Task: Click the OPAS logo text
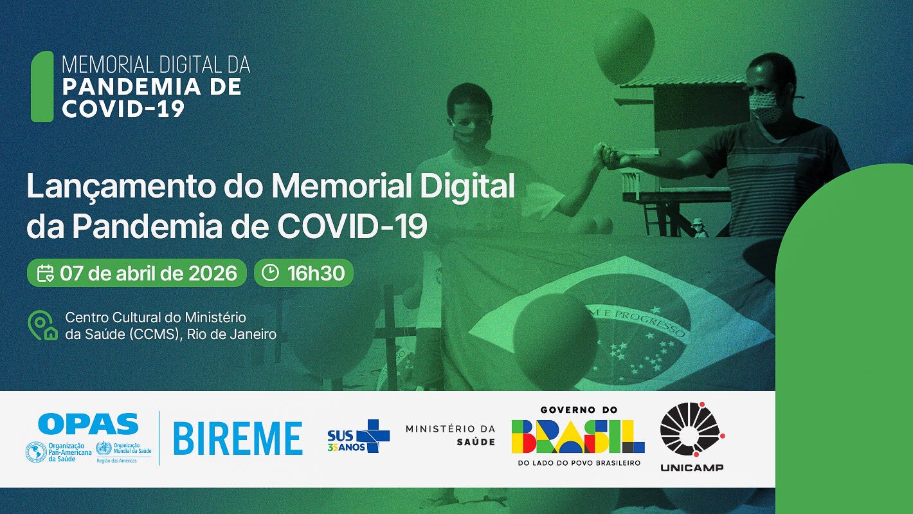[88, 424]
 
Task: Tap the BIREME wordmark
[238, 439]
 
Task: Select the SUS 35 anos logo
[358, 436]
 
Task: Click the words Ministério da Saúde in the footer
[450, 436]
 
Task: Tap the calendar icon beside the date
[45, 273]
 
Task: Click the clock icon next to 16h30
[271, 273]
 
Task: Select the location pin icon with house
[42, 326]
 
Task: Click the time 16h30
[316, 273]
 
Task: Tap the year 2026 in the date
[213, 273]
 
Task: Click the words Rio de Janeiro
[232, 334]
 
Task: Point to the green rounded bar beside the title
[42, 86]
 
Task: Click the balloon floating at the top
[624, 46]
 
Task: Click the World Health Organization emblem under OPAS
[103, 449]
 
